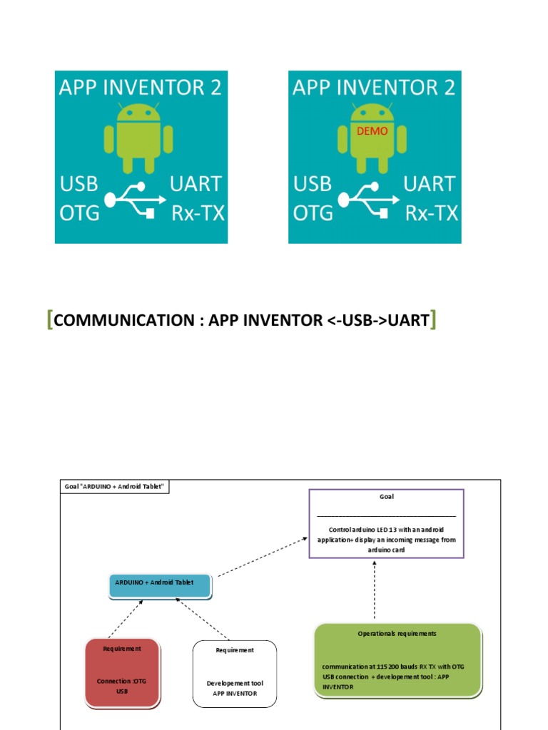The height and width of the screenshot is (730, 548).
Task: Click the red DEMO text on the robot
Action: (372, 131)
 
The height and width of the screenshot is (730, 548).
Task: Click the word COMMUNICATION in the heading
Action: (123, 321)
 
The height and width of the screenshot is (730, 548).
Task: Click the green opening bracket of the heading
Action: (49, 321)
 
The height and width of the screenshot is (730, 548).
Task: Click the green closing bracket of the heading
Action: (434, 321)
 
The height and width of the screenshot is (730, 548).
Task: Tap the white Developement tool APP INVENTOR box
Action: (235, 674)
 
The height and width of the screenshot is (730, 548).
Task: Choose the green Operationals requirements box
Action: (397, 659)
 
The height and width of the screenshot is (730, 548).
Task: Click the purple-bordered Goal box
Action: (386, 523)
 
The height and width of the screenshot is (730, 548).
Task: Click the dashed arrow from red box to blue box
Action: (126, 618)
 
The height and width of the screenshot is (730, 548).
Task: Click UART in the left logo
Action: (196, 184)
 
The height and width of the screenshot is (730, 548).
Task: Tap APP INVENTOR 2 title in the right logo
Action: (374, 87)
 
